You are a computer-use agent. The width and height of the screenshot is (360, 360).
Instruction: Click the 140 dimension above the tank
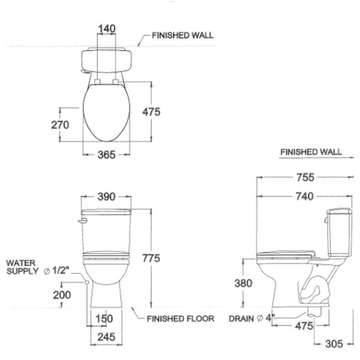click(x=107, y=29)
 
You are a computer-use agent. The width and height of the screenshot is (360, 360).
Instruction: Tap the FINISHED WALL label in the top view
click(x=183, y=35)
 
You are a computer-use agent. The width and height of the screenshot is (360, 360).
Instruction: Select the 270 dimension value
click(x=60, y=125)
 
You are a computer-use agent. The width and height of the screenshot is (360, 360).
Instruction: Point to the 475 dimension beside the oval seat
click(x=151, y=112)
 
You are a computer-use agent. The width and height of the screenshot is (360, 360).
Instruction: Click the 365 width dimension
click(x=106, y=155)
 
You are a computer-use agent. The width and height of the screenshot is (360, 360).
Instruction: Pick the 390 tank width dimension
click(x=106, y=197)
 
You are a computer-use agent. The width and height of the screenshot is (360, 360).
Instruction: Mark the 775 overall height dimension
click(x=151, y=258)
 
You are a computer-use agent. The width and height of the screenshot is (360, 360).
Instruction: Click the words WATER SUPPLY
click(x=22, y=267)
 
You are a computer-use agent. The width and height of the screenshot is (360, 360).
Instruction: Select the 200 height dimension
click(x=62, y=295)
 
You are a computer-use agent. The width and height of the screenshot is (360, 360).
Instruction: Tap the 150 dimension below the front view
click(x=104, y=319)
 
